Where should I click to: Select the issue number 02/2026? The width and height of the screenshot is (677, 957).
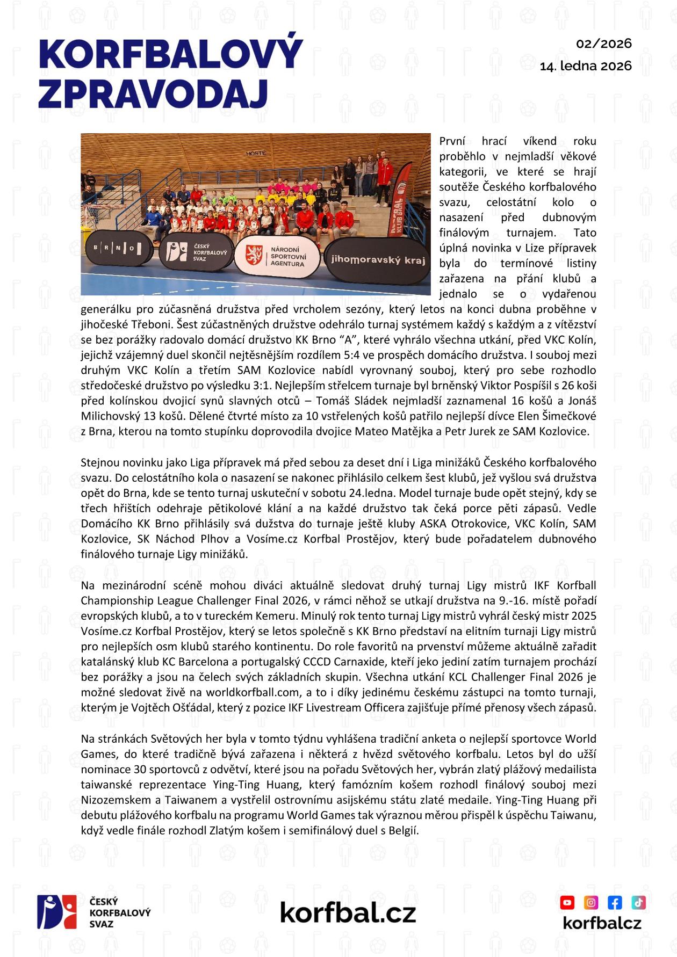(x=604, y=44)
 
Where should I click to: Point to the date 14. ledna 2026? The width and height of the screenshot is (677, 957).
(x=586, y=66)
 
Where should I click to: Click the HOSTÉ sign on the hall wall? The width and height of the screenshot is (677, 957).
(x=256, y=153)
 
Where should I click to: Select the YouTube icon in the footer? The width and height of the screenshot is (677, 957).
(x=567, y=902)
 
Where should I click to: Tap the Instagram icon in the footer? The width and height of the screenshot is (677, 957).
(x=591, y=902)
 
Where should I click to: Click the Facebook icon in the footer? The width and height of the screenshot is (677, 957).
(x=615, y=902)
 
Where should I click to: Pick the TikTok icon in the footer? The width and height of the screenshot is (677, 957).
(x=638, y=902)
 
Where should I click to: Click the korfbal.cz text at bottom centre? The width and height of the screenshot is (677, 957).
(x=348, y=912)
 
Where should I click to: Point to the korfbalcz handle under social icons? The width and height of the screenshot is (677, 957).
(x=602, y=923)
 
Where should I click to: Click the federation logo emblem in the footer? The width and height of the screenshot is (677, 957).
(x=57, y=912)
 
